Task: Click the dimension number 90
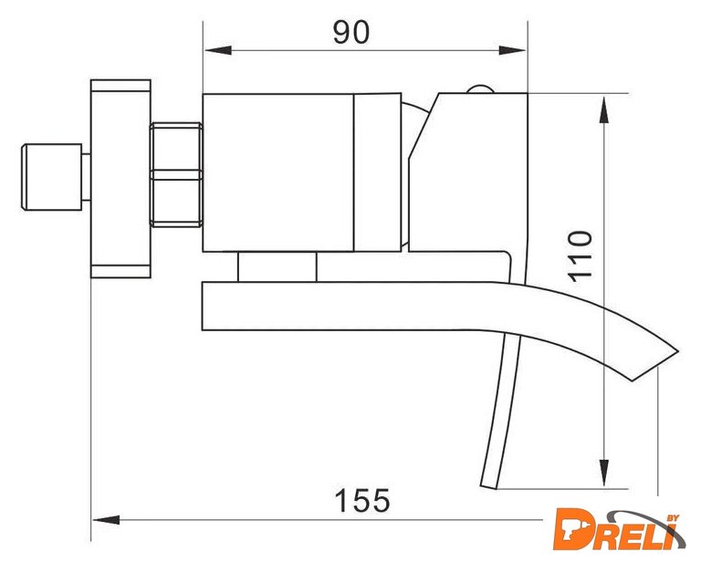pos(351,32)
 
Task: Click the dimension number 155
pos(362,501)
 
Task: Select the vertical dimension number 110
pos(580,256)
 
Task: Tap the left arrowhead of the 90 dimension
pos(218,50)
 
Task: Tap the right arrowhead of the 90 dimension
pos(512,50)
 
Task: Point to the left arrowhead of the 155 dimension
pos(106,520)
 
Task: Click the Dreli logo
pos(619,529)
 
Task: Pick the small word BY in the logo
pos(673,518)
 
